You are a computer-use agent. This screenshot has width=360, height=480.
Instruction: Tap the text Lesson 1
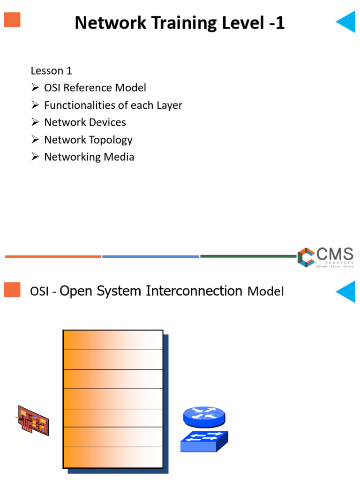point(51,71)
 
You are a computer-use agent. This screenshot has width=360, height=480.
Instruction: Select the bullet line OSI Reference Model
point(95,88)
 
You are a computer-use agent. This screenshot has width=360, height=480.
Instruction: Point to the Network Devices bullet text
point(85,122)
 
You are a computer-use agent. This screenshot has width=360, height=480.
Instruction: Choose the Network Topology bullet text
point(88,140)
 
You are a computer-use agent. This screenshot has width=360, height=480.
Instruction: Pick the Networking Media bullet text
point(89,157)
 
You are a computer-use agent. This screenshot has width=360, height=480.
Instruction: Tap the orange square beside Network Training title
point(12,19)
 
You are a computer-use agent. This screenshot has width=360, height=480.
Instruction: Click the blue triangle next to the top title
point(347,22)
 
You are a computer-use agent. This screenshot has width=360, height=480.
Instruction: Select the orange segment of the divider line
point(53,256)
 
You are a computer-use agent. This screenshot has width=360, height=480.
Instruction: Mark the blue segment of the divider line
point(150,256)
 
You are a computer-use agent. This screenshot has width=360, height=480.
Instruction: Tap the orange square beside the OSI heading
point(12,290)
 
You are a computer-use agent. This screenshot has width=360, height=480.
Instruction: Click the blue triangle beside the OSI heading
point(347,291)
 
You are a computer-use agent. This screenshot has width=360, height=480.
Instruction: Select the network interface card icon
point(33,420)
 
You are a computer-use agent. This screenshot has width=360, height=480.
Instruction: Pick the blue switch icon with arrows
point(204,441)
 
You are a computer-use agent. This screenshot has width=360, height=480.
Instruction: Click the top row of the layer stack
point(113,340)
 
